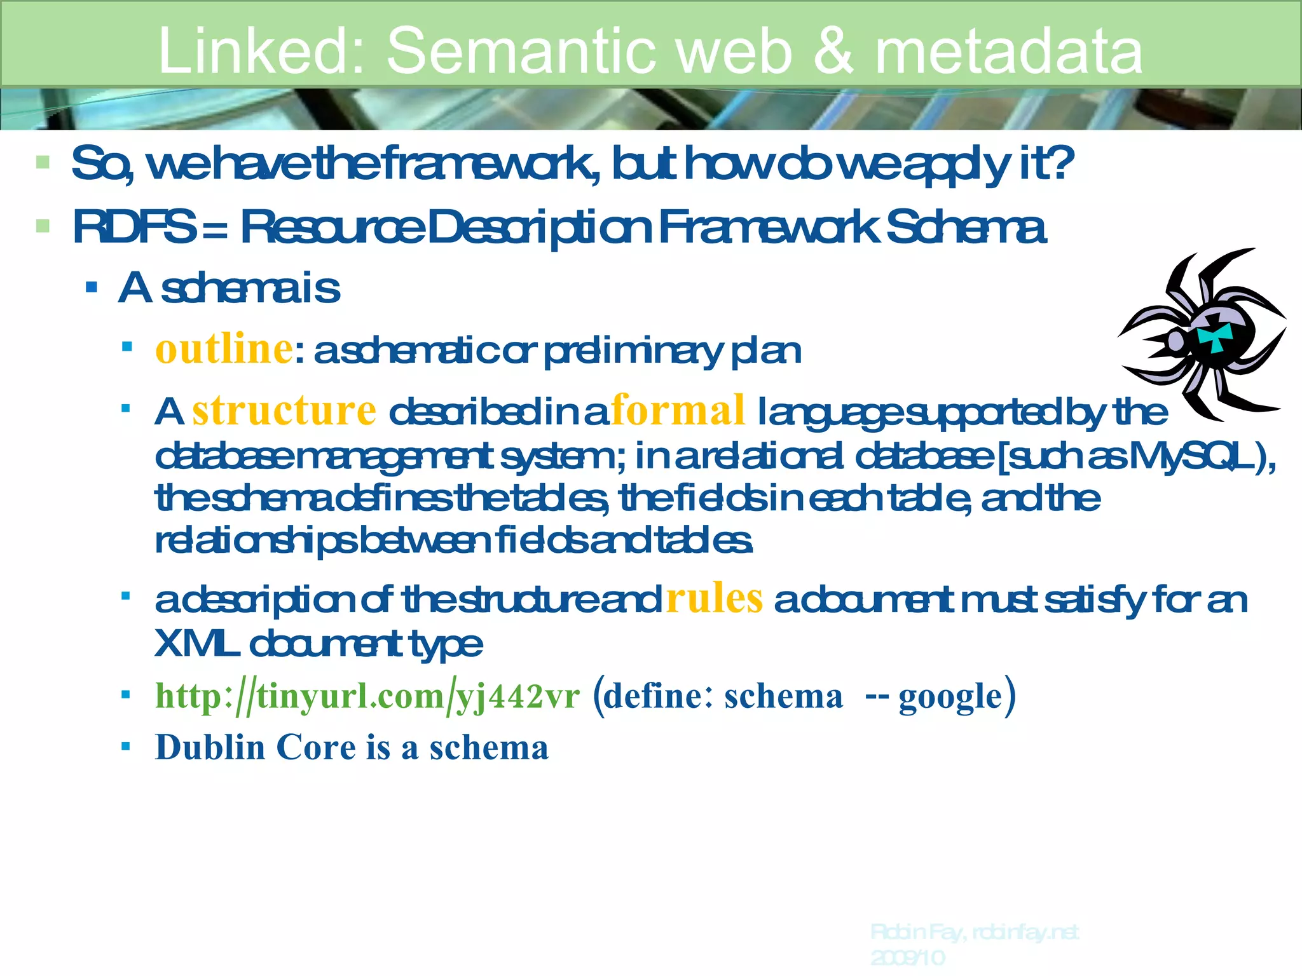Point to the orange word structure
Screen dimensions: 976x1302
coord(284,410)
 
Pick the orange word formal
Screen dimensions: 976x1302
coord(678,410)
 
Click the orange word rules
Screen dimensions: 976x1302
coord(714,599)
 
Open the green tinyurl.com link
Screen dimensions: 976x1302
coord(367,696)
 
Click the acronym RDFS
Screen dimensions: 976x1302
coord(134,227)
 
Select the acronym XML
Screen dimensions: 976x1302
coord(195,644)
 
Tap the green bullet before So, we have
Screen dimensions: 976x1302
coord(43,162)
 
